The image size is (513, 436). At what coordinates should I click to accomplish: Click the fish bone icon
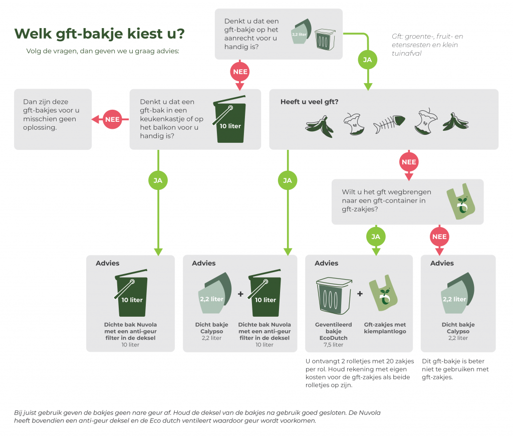point(389,122)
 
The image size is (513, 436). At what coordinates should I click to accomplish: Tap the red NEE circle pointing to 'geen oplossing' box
point(112,119)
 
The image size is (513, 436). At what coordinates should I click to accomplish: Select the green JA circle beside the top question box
point(367,60)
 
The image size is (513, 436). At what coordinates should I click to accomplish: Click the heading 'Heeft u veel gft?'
point(309,102)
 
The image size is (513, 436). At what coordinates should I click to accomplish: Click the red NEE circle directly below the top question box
point(239,72)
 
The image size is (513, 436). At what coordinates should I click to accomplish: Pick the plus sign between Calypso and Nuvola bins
point(240,294)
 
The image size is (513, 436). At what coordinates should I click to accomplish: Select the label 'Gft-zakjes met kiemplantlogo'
point(385,328)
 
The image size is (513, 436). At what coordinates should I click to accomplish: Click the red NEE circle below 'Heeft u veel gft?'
point(409,162)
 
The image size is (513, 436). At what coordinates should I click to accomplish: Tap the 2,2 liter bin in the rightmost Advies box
point(456,296)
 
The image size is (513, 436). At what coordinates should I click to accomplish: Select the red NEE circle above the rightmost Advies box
point(439,236)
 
